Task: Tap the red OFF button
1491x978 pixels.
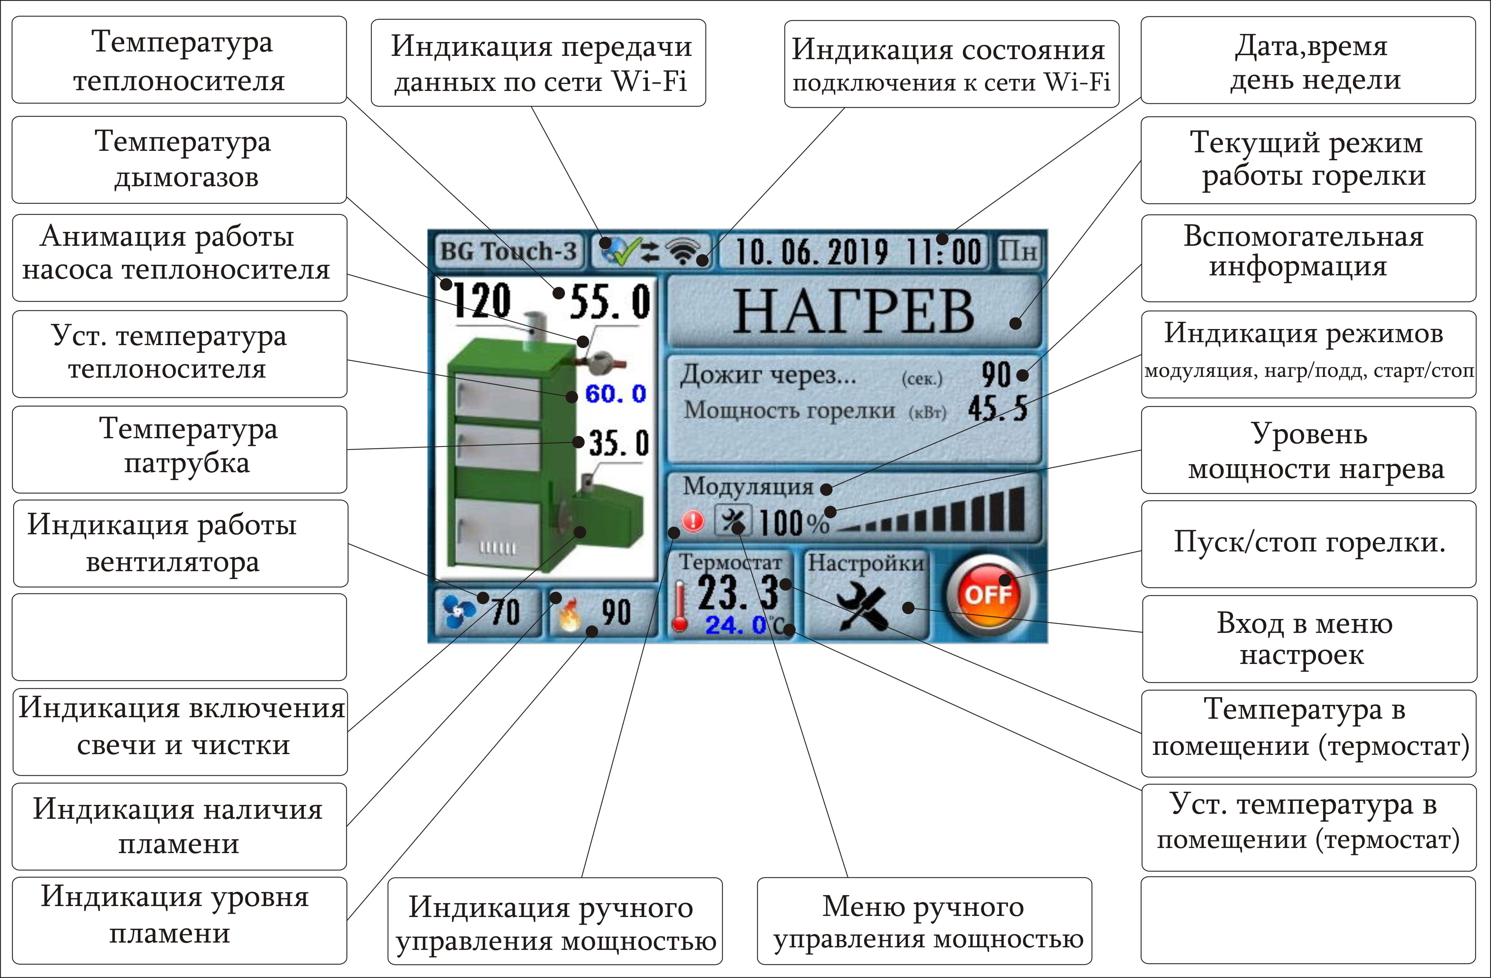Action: (988, 593)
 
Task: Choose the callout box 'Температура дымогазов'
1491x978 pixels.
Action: (179, 160)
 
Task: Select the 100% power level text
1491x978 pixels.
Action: (794, 523)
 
